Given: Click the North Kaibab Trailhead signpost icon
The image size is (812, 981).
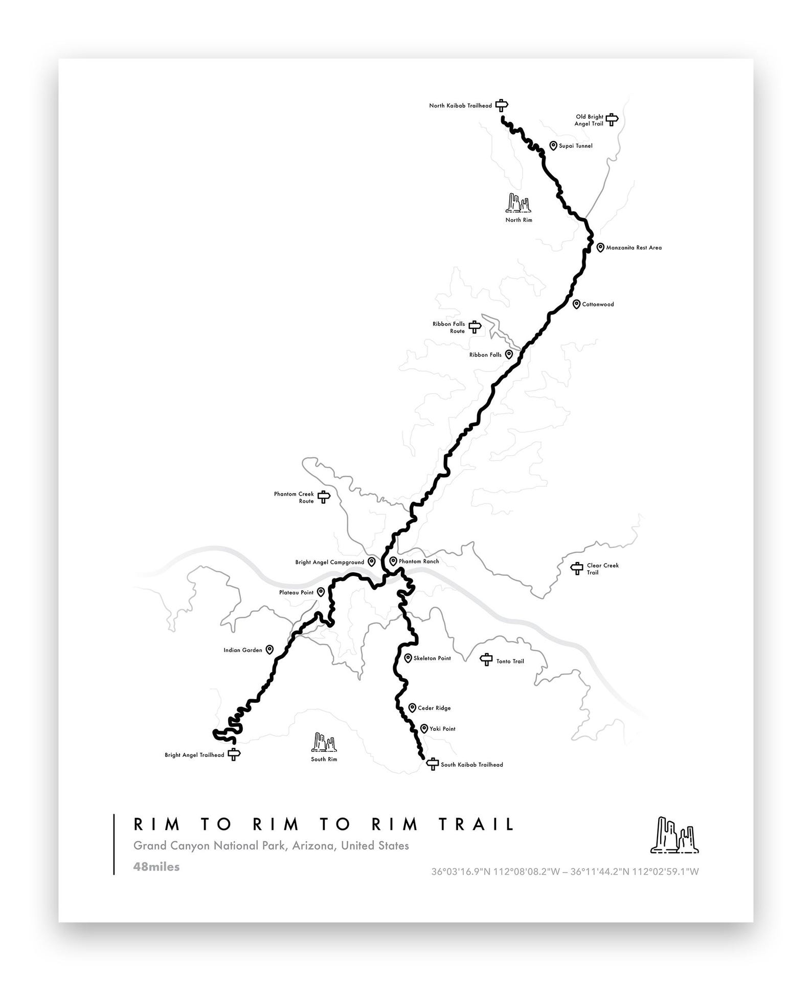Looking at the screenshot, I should click(x=502, y=105).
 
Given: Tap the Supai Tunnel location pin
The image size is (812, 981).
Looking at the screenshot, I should click(x=553, y=146).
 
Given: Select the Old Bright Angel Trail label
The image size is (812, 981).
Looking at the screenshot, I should click(x=589, y=120).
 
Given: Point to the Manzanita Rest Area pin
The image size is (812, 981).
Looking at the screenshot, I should click(x=600, y=248).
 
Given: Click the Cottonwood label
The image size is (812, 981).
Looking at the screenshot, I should click(x=598, y=304).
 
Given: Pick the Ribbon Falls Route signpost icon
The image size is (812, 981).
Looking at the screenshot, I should click(x=475, y=327).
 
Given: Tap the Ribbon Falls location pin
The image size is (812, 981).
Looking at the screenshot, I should click(x=509, y=354).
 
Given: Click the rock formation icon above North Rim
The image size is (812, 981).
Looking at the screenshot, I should click(x=518, y=203).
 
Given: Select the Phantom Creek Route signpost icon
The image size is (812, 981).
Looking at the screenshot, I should click(x=324, y=497).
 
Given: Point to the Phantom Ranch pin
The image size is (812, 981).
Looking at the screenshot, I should click(x=393, y=561).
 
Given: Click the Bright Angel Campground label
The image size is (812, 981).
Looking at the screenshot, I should click(x=329, y=562).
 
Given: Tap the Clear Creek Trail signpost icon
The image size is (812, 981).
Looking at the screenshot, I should click(x=577, y=568).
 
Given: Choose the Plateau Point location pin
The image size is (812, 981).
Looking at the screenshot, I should click(x=321, y=592).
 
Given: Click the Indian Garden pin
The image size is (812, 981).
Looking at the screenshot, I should click(x=269, y=650).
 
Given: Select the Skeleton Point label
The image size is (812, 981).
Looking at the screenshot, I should click(x=432, y=658).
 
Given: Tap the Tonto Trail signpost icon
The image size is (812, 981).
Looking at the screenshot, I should click(x=486, y=660).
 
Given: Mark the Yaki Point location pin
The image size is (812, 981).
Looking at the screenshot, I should click(x=424, y=728).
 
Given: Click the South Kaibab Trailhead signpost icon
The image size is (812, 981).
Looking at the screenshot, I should click(x=433, y=764).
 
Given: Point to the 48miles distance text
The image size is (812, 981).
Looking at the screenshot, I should click(x=156, y=866).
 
